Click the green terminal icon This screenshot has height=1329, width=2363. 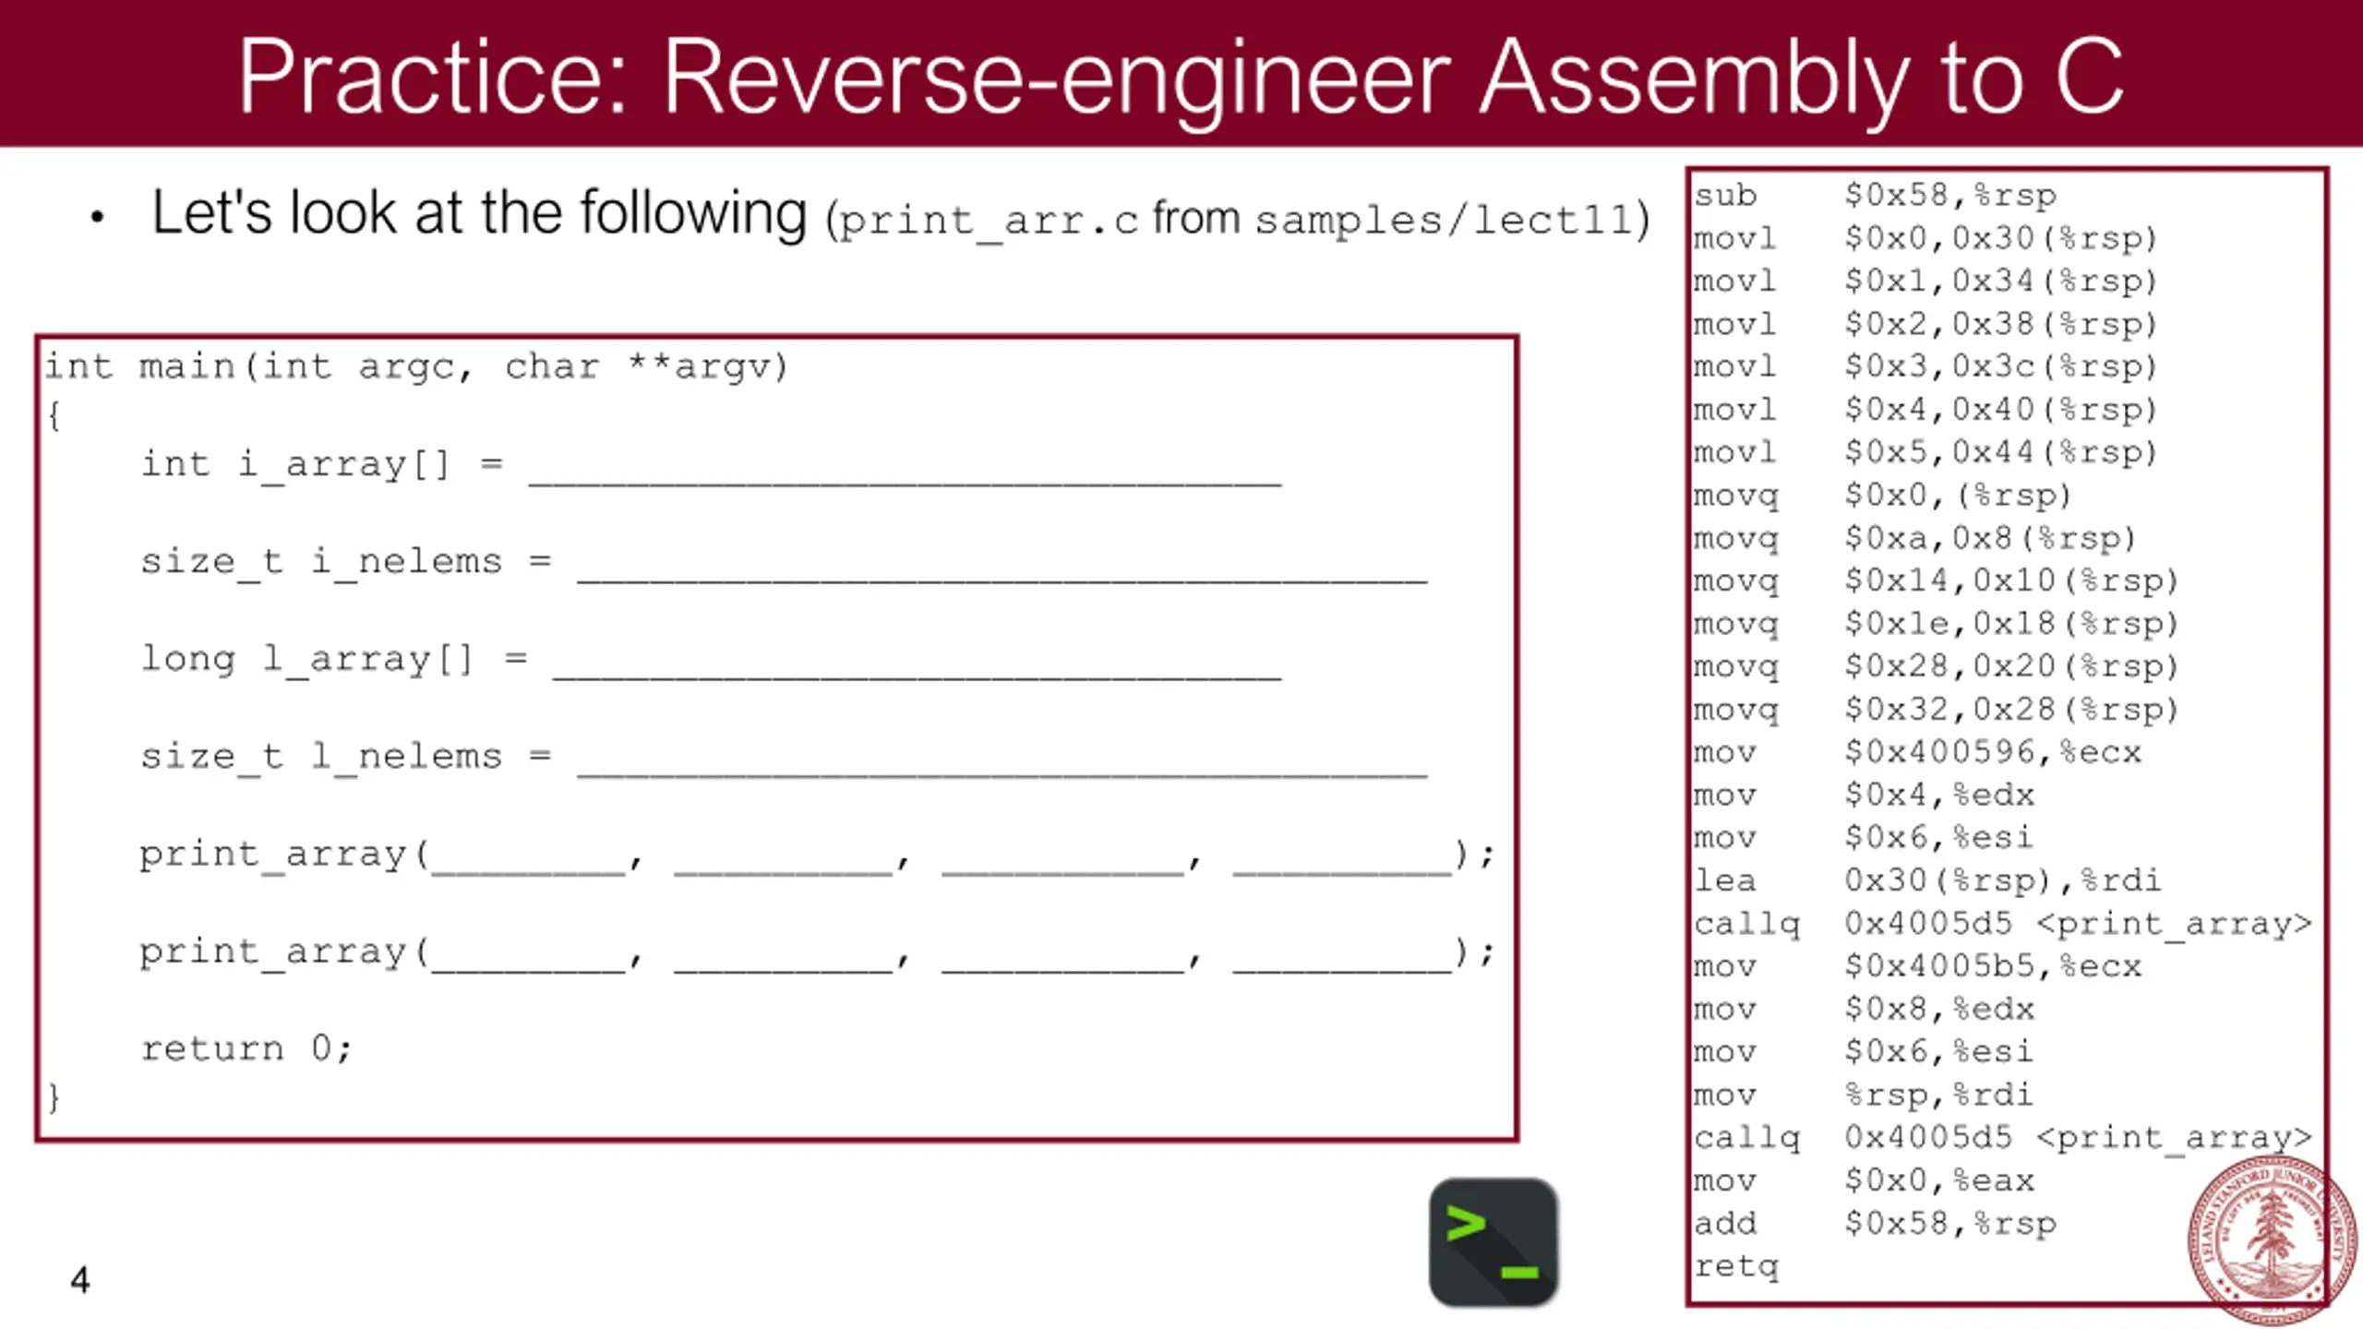(1493, 1241)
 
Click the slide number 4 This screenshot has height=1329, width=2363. (80, 1280)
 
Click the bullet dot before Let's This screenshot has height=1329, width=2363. (97, 218)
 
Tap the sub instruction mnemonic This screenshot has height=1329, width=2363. (1725, 196)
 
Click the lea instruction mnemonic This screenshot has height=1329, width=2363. (1724, 880)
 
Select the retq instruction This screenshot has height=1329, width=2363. (1735, 1266)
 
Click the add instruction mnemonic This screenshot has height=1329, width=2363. (1724, 1224)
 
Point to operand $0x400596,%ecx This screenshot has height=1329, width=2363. (1992, 752)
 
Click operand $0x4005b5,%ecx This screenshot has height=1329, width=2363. (1992, 966)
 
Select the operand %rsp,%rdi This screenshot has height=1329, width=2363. (1938, 1096)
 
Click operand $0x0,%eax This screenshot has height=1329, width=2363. (1938, 1180)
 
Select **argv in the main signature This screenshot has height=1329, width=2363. (707, 367)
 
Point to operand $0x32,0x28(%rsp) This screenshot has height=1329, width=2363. (2010, 710)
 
